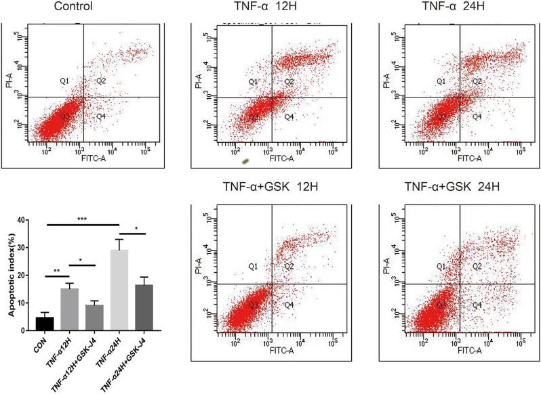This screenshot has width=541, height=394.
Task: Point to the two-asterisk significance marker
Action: pyautogui.click(x=57, y=270)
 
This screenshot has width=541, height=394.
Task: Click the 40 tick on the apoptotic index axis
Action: pyautogui.click(x=22, y=220)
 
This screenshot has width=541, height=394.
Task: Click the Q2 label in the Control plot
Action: pyautogui.click(x=100, y=81)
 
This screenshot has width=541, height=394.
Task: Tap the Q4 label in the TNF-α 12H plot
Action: pyautogui.click(x=288, y=117)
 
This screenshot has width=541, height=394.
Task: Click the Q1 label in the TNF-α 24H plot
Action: pyautogui.click(x=441, y=81)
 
